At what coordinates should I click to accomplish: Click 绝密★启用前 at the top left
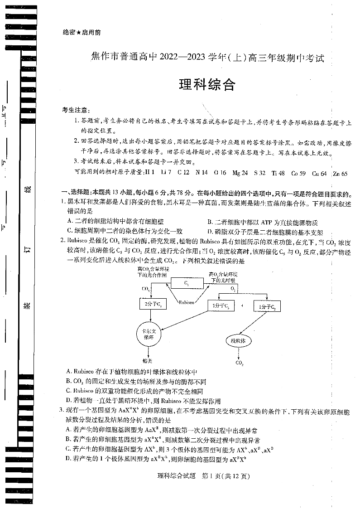(x=80, y=33)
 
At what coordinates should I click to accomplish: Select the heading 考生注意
(x=76, y=111)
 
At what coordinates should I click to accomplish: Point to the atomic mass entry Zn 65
(x=340, y=173)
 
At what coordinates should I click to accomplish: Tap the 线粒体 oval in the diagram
(x=238, y=340)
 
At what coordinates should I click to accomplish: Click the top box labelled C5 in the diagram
(x=187, y=283)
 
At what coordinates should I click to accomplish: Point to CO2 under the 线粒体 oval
(x=239, y=363)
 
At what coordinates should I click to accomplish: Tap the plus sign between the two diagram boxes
(x=242, y=306)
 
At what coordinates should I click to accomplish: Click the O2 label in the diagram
(x=233, y=288)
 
